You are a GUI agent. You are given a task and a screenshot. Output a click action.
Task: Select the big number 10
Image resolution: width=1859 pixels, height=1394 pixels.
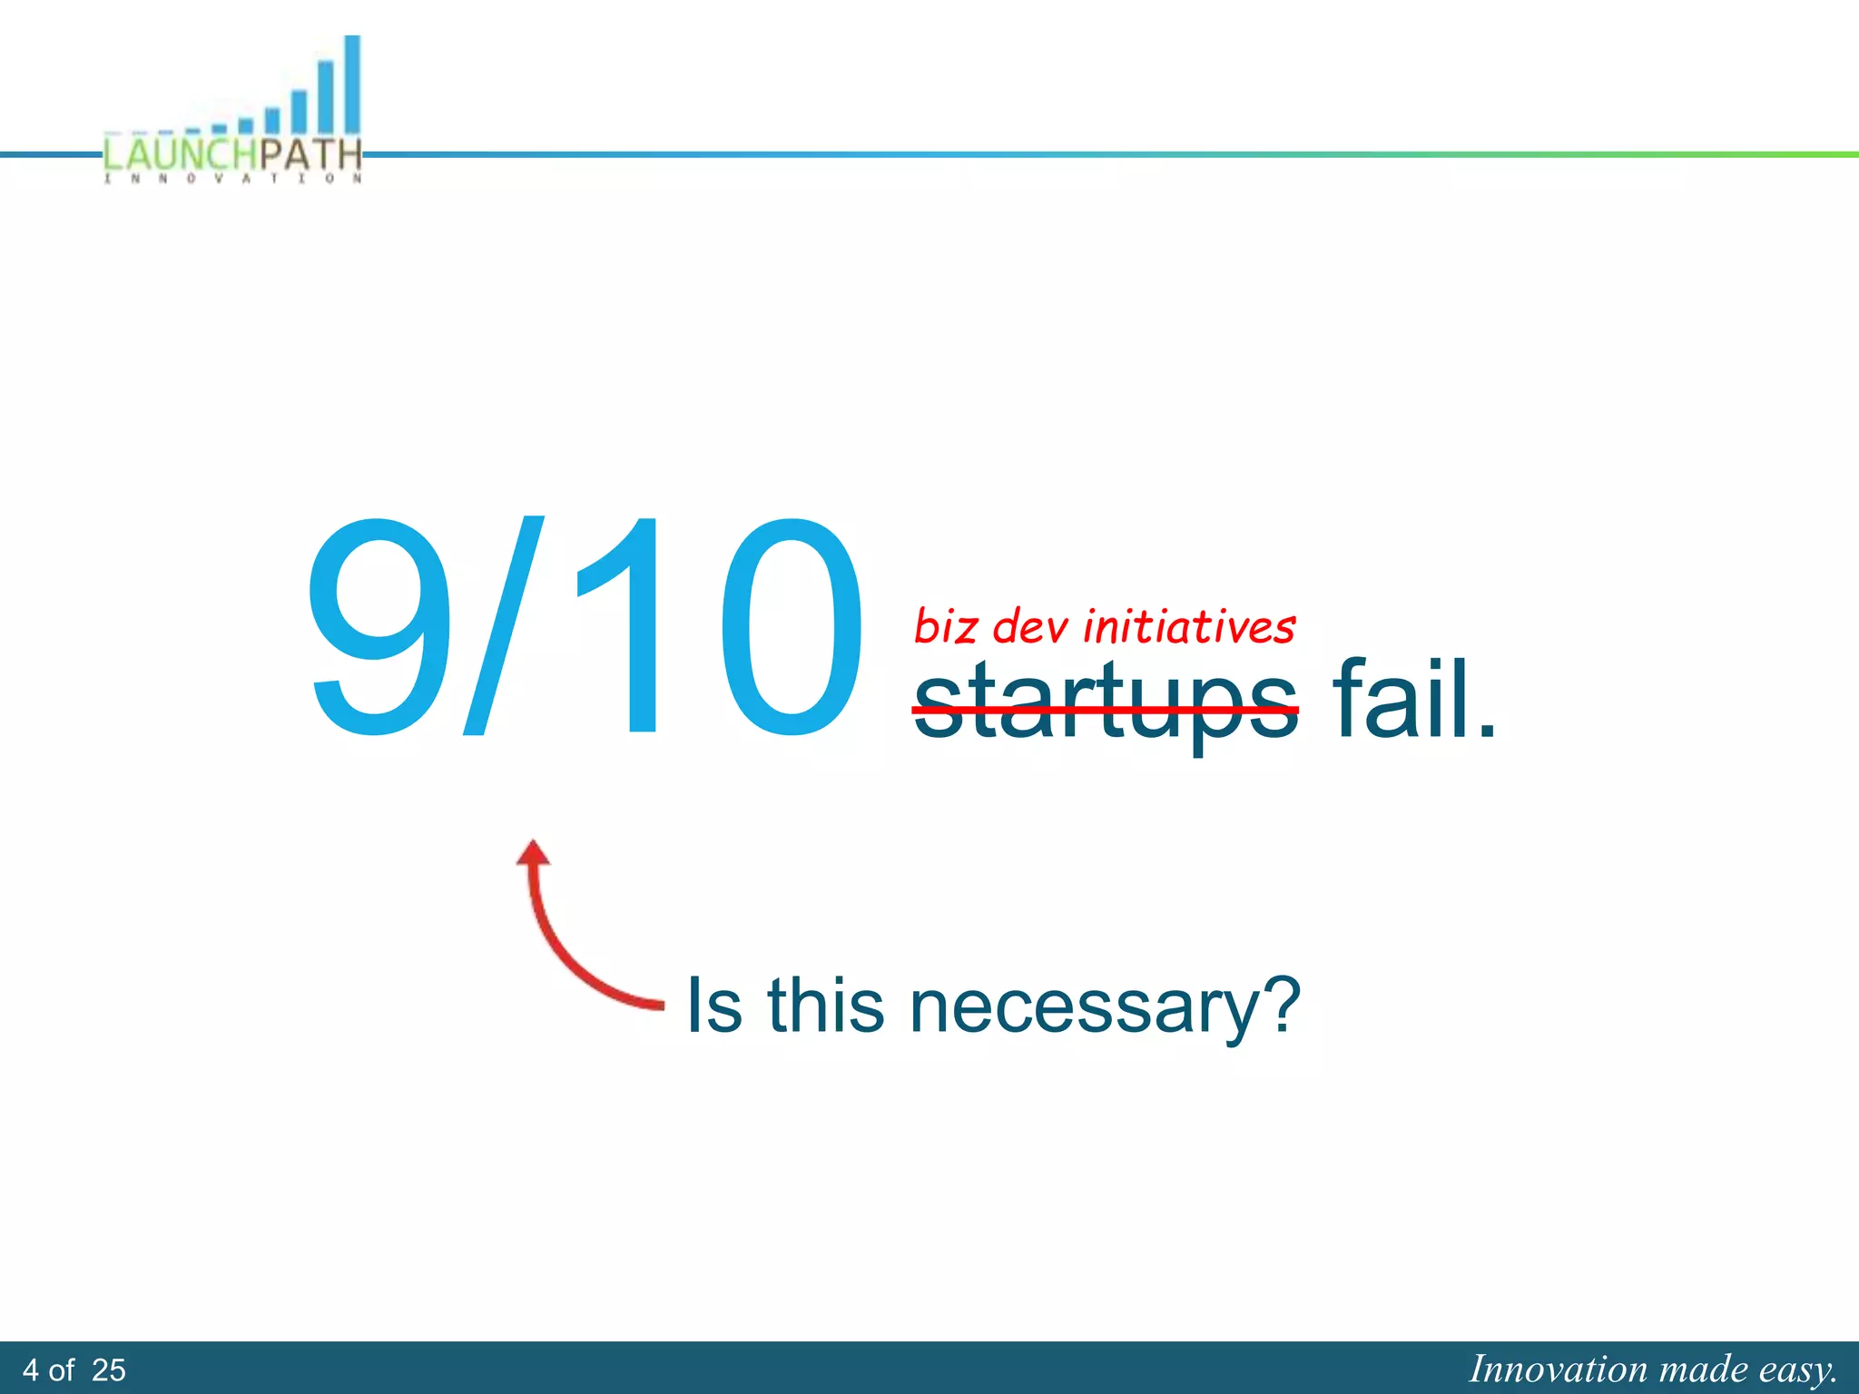point(717,626)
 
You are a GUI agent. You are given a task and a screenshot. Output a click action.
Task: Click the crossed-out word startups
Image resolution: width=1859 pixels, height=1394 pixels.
point(1105,703)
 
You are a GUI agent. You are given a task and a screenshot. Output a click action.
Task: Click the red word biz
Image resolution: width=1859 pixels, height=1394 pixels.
point(945,627)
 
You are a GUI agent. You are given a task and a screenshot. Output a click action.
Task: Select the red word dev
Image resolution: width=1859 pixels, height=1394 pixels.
point(1031,627)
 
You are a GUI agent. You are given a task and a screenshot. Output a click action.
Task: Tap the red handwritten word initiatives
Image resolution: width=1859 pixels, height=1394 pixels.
point(1189,627)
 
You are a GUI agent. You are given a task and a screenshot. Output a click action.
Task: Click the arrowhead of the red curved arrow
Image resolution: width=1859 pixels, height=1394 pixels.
point(534,853)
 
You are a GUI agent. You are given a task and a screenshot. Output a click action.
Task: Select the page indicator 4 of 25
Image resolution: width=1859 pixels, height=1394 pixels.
point(74,1369)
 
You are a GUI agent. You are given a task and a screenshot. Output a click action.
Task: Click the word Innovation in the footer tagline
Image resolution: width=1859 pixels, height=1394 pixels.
point(1558,1369)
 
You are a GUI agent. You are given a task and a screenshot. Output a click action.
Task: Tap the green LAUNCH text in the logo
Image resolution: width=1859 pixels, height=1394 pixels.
point(180,154)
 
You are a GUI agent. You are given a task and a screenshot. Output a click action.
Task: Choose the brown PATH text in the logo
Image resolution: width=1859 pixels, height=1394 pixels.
point(310,154)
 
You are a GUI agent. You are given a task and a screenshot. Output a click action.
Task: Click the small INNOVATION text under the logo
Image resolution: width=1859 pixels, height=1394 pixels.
point(233,179)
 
